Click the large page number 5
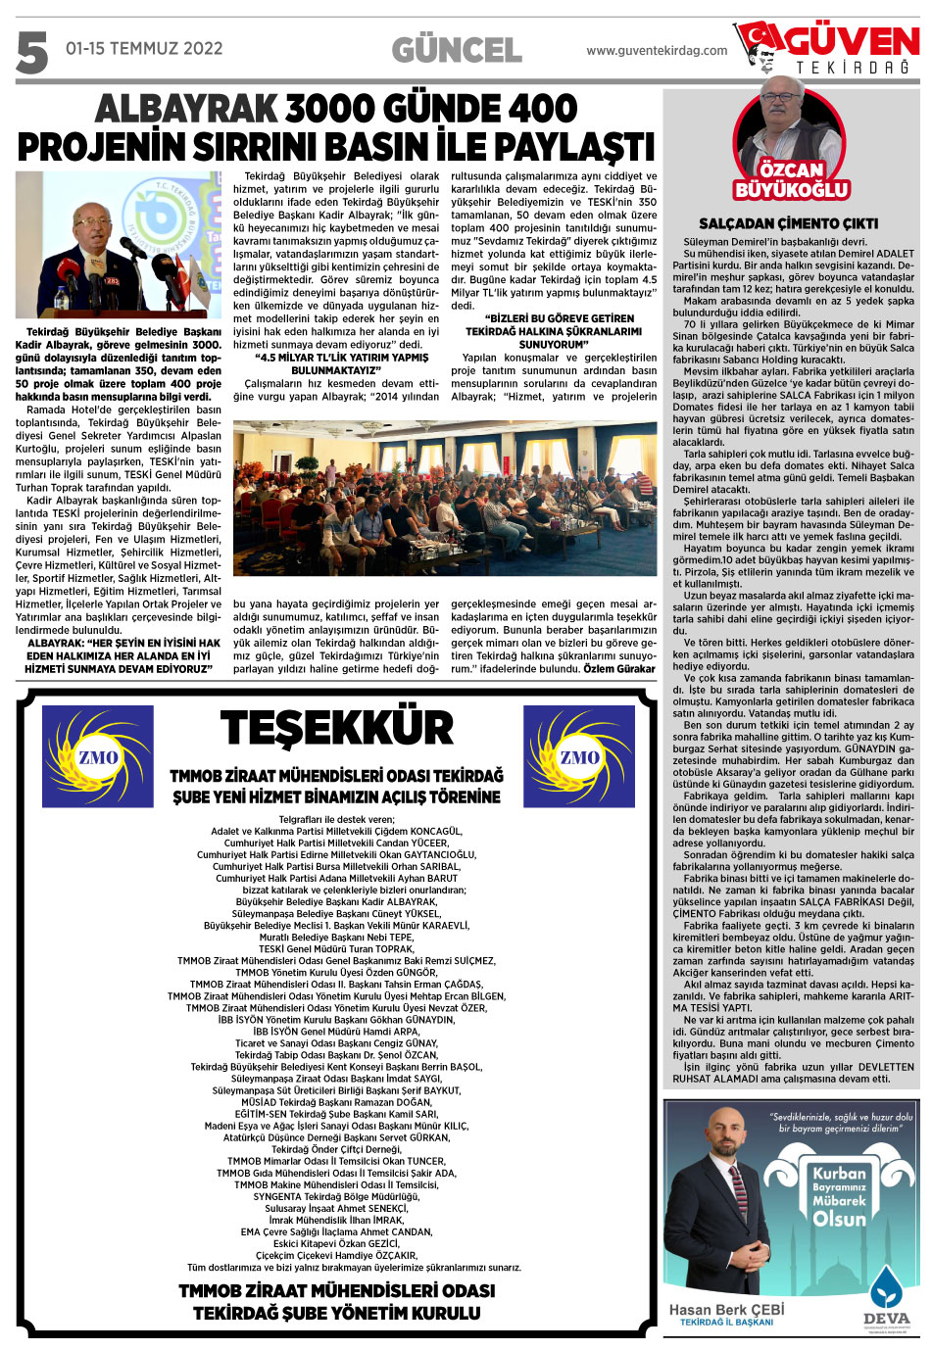point(31,53)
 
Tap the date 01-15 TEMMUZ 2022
point(144,48)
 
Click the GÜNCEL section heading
point(457,50)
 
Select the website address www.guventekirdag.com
point(657,51)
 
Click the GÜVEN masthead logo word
point(852,41)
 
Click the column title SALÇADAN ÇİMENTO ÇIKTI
point(788,223)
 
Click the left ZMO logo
point(98,756)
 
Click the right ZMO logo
point(579,756)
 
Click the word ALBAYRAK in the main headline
point(185,109)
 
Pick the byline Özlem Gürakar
point(619,669)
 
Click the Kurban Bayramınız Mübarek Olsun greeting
point(839,1196)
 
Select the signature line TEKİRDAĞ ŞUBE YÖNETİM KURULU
point(336,1313)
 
